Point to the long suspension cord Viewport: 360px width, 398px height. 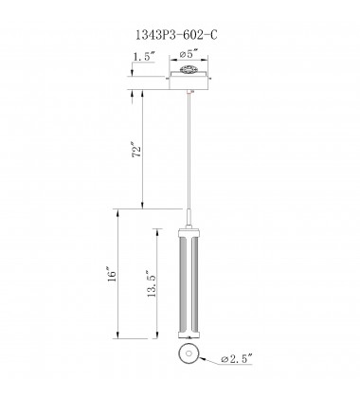[190, 152]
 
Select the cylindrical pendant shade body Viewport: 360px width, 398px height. [190, 284]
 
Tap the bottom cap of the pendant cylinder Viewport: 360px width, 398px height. [190, 336]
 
